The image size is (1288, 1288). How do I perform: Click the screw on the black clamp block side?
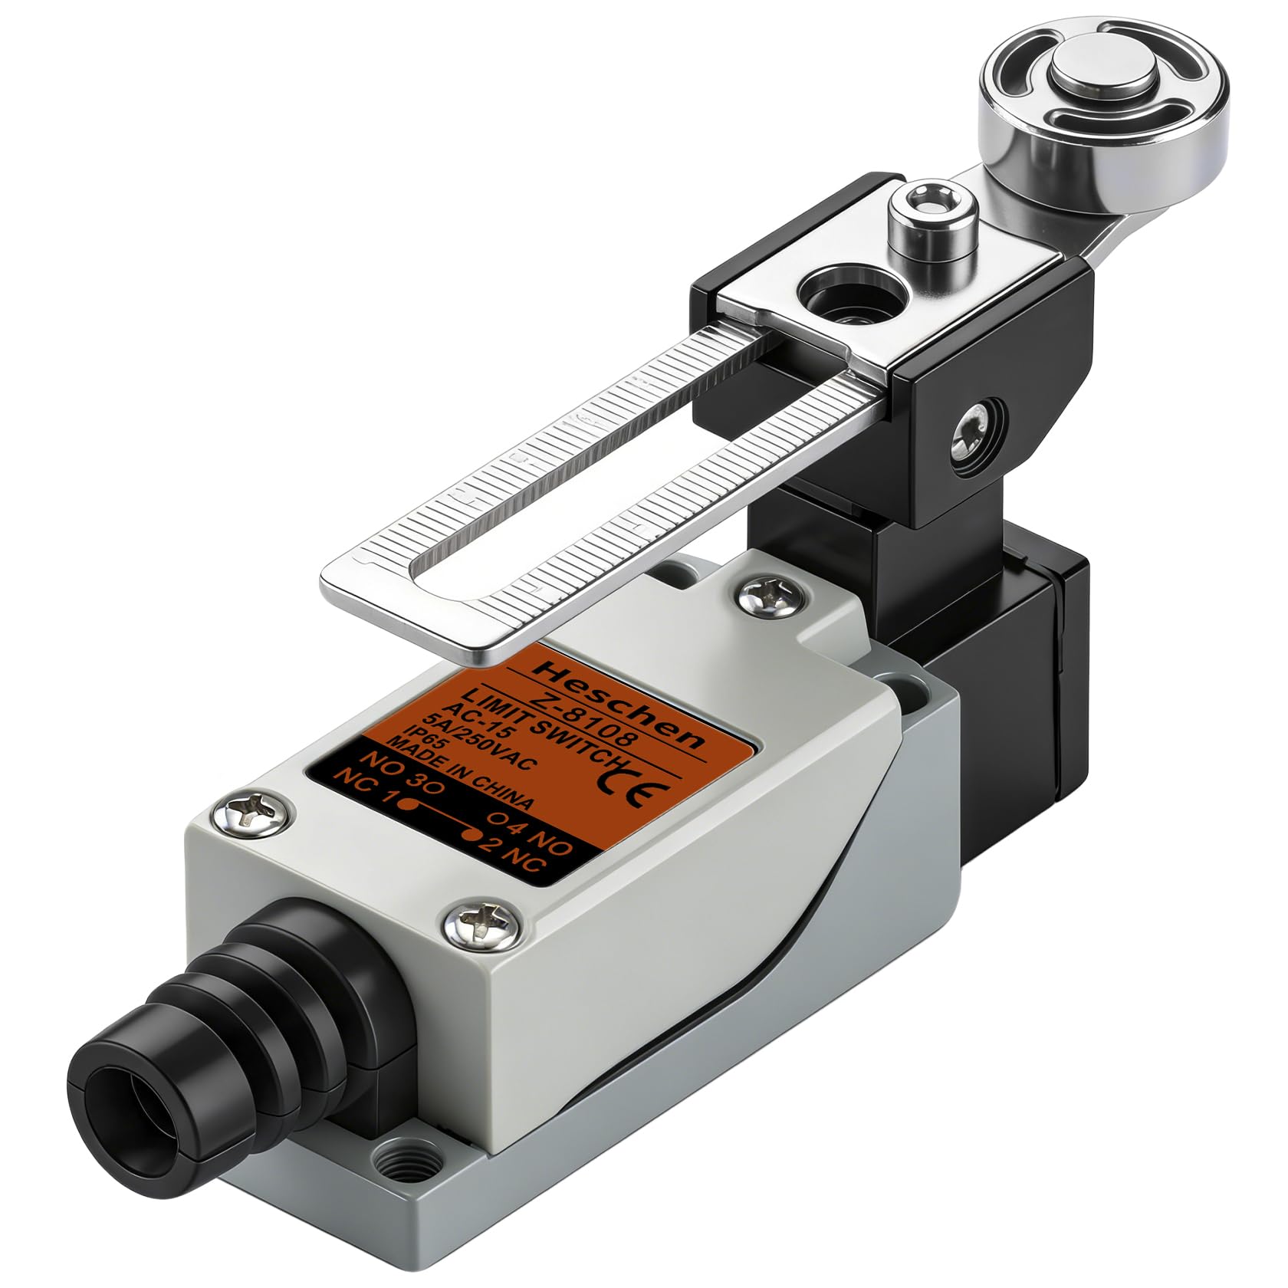pyautogui.click(x=972, y=436)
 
